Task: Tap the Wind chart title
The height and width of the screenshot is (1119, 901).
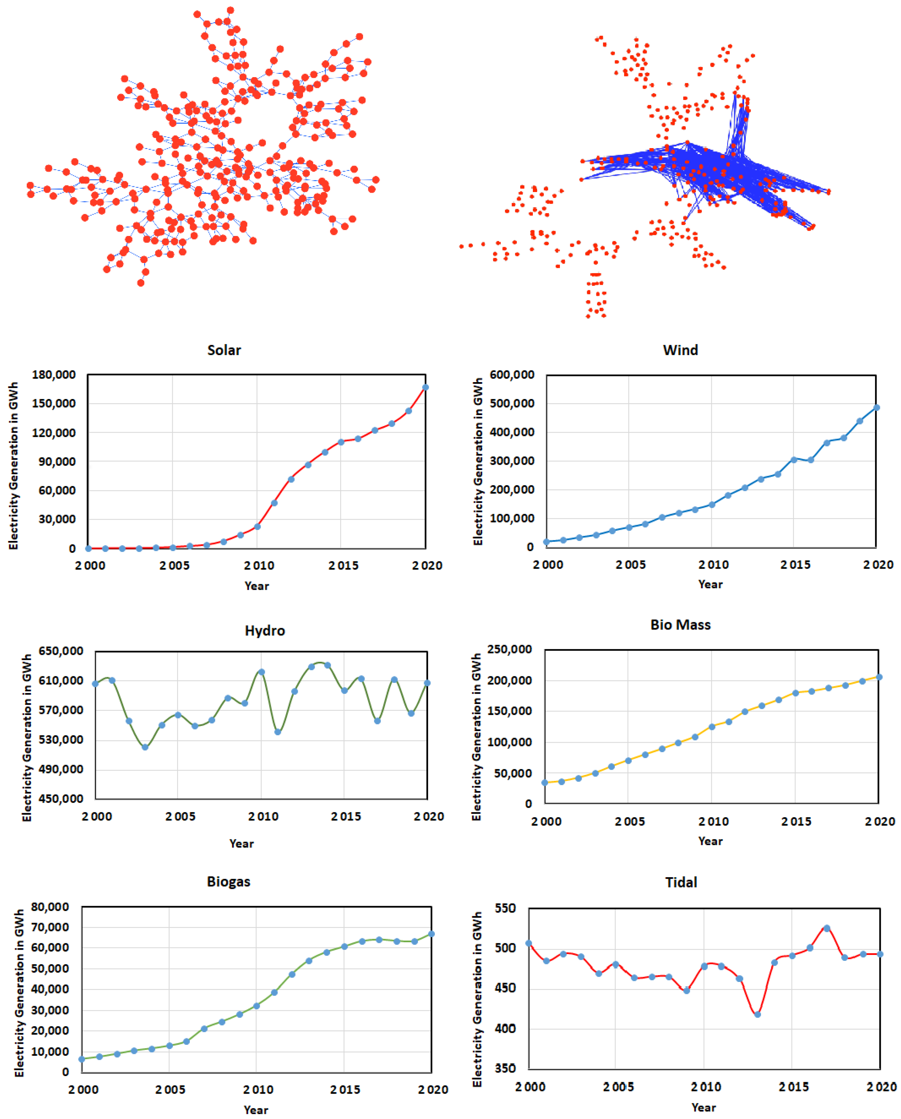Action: (x=680, y=350)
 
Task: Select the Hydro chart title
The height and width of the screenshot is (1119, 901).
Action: (x=265, y=630)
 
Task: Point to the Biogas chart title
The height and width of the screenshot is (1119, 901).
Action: (x=229, y=881)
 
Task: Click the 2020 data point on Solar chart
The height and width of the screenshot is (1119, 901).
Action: (x=425, y=387)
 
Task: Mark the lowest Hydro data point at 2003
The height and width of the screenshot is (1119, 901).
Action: (x=145, y=747)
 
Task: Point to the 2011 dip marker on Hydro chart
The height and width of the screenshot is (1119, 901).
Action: (x=278, y=732)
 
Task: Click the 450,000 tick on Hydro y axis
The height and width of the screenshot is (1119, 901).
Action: (x=61, y=798)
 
